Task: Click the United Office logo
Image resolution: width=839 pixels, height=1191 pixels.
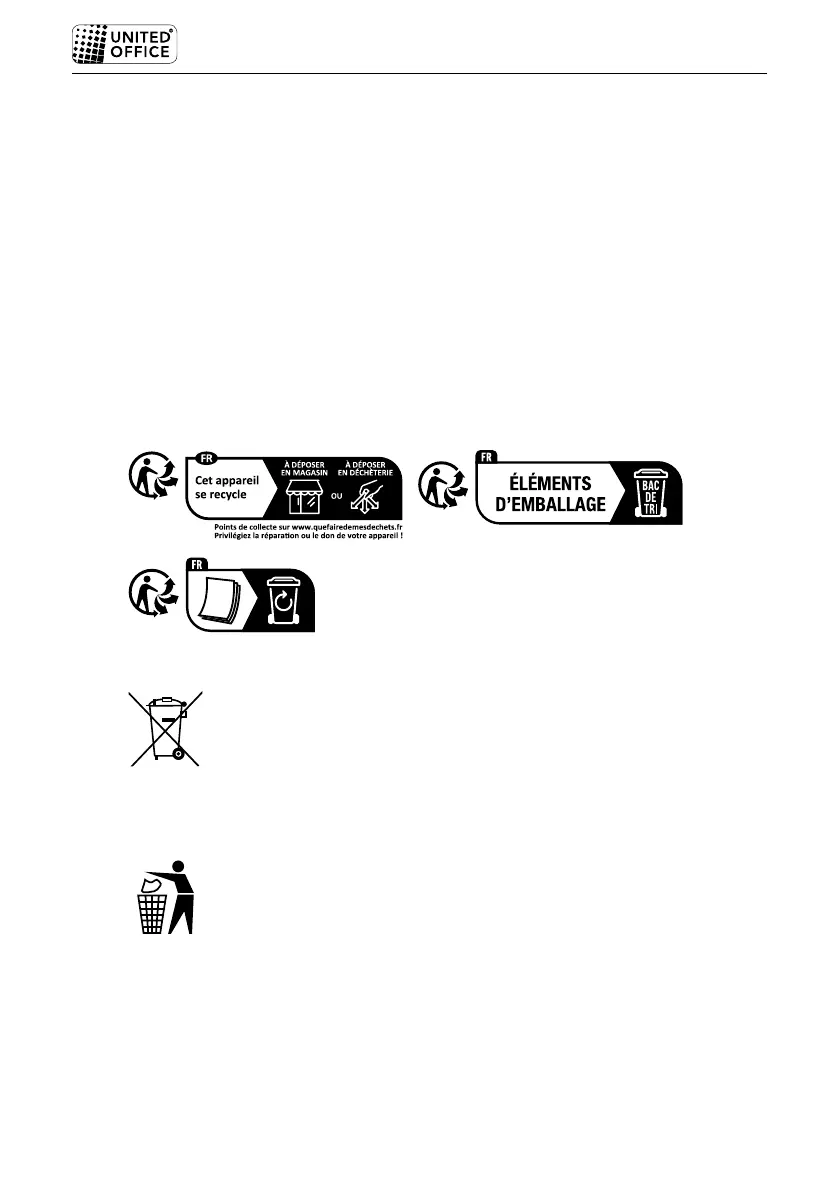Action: [124, 44]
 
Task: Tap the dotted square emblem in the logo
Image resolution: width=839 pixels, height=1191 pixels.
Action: [91, 44]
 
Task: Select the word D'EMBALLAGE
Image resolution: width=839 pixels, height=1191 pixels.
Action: [551, 505]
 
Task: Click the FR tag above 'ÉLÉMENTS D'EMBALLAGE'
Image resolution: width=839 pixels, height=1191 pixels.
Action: [487, 456]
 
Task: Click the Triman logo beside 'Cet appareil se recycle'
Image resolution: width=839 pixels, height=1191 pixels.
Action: [152, 478]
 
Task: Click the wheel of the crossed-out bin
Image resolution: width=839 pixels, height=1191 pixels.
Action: [177, 753]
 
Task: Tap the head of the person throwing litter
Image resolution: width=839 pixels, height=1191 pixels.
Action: [179, 866]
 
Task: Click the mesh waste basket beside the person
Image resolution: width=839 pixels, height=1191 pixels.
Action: [151, 912]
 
